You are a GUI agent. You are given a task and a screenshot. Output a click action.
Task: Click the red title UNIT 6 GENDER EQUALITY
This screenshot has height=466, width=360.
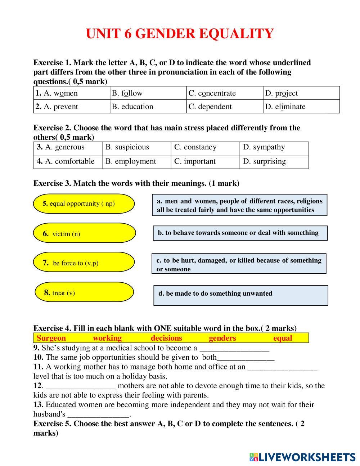coord(180,34)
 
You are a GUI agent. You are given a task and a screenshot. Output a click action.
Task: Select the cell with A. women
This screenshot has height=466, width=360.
coord(72,93)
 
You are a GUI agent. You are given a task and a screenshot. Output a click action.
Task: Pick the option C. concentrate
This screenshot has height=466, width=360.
coord(225,93)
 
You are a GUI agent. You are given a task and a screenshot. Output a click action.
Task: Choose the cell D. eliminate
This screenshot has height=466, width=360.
coord(301,107)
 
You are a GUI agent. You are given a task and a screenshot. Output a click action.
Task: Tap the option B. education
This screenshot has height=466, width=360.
coord(148,107)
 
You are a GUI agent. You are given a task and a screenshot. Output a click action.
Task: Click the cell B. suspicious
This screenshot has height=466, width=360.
coord(136,147)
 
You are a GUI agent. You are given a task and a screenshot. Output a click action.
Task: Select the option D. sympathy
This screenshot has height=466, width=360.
coord(274,147)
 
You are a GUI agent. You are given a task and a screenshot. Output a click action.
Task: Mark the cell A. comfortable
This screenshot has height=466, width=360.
coord(68,161)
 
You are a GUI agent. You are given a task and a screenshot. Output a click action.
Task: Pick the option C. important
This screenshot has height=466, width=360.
coord(205,161)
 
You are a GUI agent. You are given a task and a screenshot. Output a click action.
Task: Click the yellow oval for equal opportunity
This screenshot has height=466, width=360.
coord(84,204)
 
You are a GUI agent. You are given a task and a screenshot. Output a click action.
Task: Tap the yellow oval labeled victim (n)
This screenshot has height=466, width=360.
coord(84,233)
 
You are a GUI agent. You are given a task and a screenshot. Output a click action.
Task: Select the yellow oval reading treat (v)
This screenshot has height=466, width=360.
coord(84,292)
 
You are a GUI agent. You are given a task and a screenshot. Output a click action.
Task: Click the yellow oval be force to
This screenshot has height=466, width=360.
coord(84,263)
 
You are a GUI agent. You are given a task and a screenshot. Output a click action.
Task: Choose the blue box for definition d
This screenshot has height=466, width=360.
coord(240,295)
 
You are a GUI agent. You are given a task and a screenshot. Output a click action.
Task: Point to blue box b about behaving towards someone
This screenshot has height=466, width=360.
coord(240,233)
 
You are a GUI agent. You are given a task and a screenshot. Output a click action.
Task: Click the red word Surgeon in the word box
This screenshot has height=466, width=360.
coord(51,338)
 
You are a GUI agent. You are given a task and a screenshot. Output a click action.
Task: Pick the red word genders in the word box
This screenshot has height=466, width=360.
coord(222,338)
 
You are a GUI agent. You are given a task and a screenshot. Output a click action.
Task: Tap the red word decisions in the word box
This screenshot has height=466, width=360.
coord(166,338)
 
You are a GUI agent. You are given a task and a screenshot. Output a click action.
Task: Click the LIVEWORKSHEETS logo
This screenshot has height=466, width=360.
coord(302,457)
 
